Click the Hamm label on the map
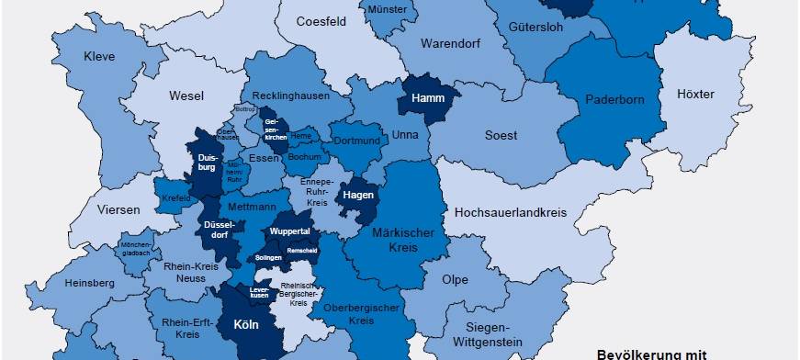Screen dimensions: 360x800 (x=428, y=97)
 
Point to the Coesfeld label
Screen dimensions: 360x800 (x=321, y=21)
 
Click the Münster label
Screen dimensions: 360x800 (x=387, y=9)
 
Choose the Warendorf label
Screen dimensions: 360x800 (x=451, y=43)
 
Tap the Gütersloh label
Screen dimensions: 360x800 (x=535, y=27)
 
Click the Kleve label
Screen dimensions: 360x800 (x=99, y=56)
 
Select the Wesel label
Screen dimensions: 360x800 (x=186, y=96)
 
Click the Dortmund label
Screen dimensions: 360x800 (x=355, y=141)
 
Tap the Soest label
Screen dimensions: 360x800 (x=501, y=136)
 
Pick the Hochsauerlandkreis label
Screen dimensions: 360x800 (x=511, y=212)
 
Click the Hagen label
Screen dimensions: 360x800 (x=357, y=196)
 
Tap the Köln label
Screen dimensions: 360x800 (x=246, y=324)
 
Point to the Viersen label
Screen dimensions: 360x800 (x=118, y=209)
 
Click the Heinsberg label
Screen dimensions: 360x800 (x=90, y=283)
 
